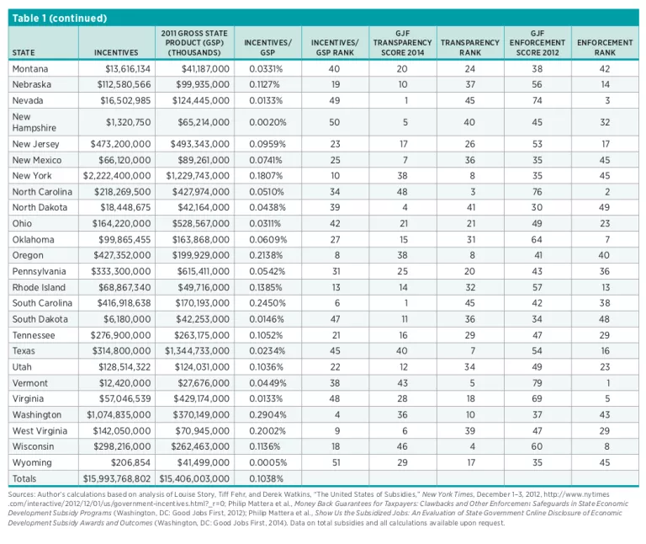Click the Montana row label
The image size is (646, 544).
(30, 68)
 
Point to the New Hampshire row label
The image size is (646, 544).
(33, 122)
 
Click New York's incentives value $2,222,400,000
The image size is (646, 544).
(117, 176)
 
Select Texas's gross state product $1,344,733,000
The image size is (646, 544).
(197, 351)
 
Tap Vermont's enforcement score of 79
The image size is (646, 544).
(537, 383)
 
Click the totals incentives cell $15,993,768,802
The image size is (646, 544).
(117, 478)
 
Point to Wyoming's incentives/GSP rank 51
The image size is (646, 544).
(335, 462)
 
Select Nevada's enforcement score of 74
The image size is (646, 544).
(537, 100)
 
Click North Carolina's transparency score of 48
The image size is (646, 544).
(402, 192)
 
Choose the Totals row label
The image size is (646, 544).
(26, 478)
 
